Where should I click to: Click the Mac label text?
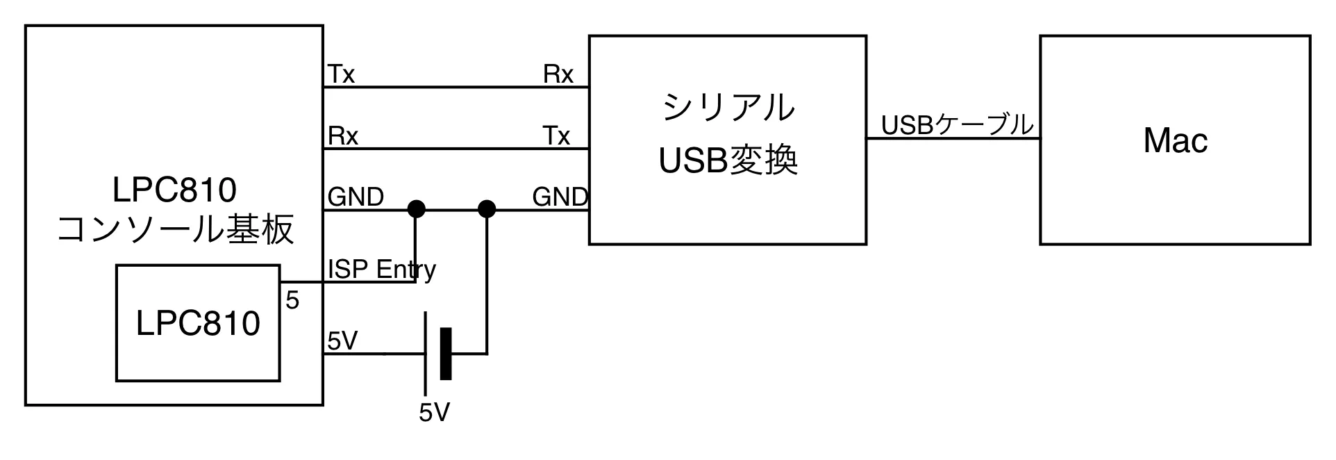click(x=1175, y=141)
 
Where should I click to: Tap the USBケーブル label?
click(x=957, y=125)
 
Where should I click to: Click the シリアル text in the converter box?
click(x=728, y=108)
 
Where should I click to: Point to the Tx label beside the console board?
click(x=341, y=74)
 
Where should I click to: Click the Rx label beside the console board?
click(x=342, y=136)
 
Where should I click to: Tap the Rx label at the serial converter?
click(x=558, y=74)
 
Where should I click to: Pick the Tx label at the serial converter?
click(x=556, y=136)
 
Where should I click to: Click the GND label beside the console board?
click(x=356, y=197)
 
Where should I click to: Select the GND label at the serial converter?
click(x=560, y=197)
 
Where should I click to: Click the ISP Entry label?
click(x=382, y=270)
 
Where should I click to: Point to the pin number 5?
click(x=292, y=300)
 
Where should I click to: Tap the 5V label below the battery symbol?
click(x=434, y=413)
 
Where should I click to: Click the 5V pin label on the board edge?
click(x=342, y=340)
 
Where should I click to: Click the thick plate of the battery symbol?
click(x=446, y=354)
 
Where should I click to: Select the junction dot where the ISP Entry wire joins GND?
click(x=416, y=208)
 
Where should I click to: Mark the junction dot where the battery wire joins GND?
click(x=487, y=208)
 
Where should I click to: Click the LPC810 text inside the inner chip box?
click(x=198, y=324)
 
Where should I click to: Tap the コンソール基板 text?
click(x=175, y=230)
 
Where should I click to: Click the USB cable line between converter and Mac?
click(x=953, y=139)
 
